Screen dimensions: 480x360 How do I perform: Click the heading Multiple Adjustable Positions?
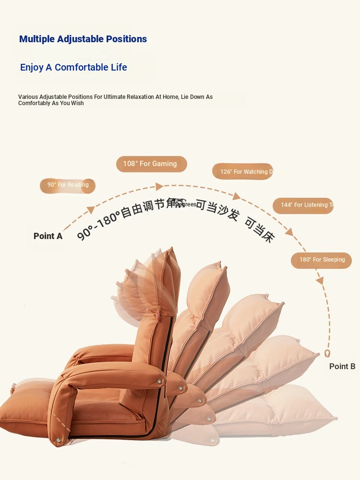(83, 39)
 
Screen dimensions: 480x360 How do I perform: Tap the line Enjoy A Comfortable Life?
(73, 67)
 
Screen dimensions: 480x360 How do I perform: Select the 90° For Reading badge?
(68, 185)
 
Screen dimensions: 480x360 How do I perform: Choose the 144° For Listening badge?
(303, 205)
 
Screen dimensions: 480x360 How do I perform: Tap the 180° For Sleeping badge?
(322, 260)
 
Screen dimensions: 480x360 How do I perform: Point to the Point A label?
(48, 236)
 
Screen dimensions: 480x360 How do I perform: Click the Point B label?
(342, 366)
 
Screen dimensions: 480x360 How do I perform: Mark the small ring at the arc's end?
(328, 353)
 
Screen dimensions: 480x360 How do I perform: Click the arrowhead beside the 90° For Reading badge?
(90, 209)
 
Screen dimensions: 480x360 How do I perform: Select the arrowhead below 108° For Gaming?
(159, 186)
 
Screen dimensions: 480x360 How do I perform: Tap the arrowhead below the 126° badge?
(236, 196)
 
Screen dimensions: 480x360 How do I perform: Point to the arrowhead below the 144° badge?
(289, 232)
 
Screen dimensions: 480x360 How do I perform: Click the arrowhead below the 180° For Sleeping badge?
(320, 280)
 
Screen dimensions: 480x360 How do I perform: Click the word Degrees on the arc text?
(186, 204)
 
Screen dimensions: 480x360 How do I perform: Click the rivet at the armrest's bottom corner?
(59, 439)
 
